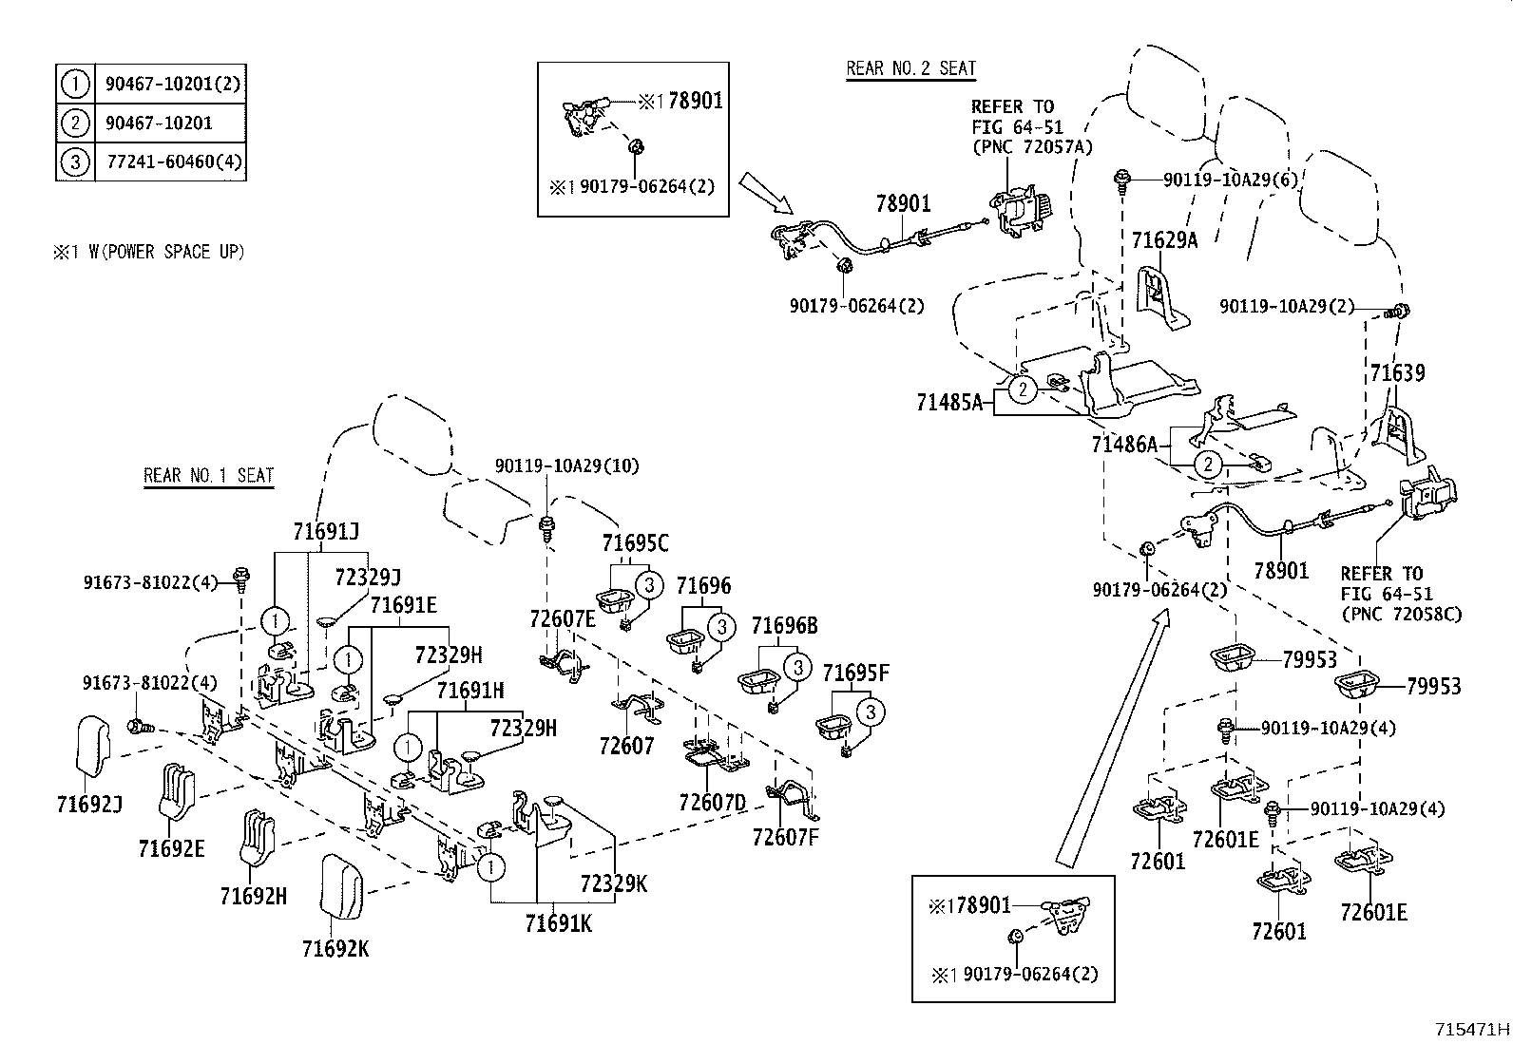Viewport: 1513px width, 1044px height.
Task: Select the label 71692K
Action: pos(335,947)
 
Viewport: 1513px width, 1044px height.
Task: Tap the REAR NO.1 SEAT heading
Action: pos(208,475)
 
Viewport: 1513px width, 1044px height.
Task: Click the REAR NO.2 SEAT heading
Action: pos(910,68)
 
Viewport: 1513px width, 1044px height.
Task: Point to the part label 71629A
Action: pos(1164,240)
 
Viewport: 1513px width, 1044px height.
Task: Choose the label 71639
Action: pos(1397,372)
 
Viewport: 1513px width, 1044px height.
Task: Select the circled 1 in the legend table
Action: pos(75,84)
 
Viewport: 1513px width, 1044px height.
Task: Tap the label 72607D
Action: pos(713,803)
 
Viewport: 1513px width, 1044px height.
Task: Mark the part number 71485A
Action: pos(949,403)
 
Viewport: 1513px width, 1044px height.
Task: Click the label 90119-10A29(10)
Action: pos(567,465)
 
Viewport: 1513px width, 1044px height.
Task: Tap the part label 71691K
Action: pos(558,922)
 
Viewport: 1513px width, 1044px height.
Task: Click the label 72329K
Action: pos(614,883)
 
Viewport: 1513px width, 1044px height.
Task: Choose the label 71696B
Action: pos(784,626)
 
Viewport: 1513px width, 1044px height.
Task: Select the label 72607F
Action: pos(785,837)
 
